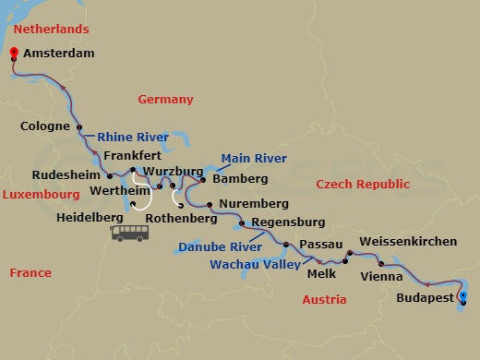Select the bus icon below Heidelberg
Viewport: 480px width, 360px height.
click(x=130, y=232)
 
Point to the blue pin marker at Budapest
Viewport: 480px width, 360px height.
click(x=463, y=297)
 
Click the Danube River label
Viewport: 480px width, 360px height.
click(x=215, y=247)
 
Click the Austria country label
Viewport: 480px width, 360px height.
click(x=325, y=300)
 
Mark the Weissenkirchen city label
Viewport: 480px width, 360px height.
click(x=407, y=241)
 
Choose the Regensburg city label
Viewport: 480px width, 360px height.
click(x=288, y=222)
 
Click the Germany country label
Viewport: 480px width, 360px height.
click(x=165, y=100)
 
